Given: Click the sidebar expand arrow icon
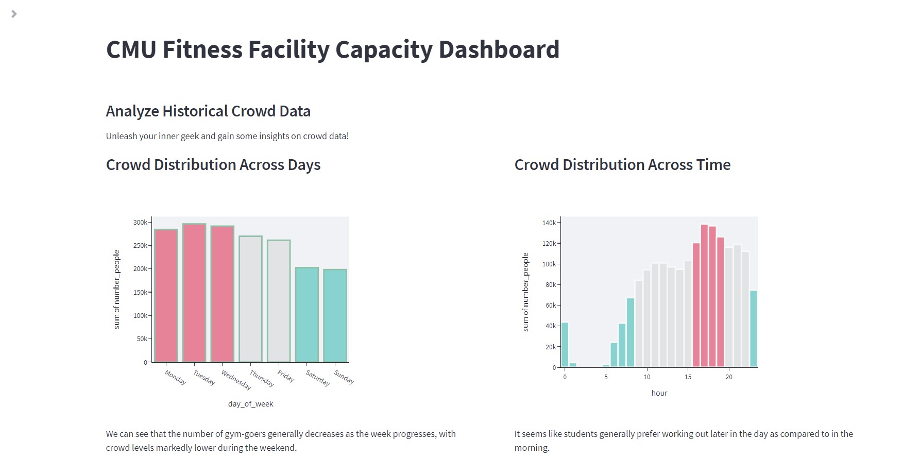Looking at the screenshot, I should coord(14,14).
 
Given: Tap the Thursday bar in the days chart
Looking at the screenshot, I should coord(250,299).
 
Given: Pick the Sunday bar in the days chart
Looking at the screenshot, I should coord(335,315).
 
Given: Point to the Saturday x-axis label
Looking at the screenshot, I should coord(317,378).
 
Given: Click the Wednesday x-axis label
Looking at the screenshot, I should coord(236,380).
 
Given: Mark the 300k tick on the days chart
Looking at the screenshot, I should coord(140,223).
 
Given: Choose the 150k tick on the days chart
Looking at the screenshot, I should coord(140,293).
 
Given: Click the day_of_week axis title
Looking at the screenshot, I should coord(250,404).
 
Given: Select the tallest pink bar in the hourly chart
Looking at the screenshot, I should coord(704,296).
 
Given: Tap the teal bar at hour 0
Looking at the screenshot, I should coord(565,345).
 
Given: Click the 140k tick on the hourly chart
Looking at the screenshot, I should coord(549,223).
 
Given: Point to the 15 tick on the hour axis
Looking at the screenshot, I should coord(688,377).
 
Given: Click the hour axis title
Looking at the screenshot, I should coord(659,393).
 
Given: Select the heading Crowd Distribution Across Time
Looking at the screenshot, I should coord(622,165).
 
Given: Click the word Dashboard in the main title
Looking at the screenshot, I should coord(499,50).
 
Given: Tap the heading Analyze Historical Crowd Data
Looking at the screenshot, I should coord(208,111).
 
